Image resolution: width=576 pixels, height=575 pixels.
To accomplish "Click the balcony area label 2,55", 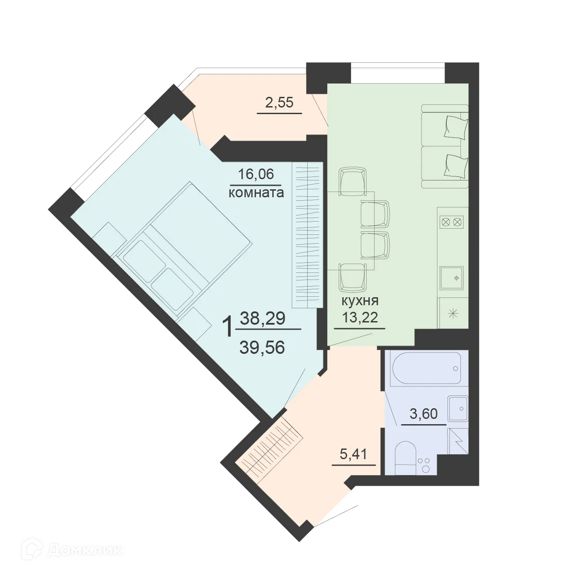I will (279, 103).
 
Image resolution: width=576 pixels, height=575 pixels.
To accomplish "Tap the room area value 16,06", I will (256, 174).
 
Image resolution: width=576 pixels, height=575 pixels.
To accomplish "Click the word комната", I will (256, 193).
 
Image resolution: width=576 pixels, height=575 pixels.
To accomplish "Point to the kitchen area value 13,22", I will (360, 317).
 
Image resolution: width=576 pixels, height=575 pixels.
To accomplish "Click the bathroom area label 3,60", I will (424, 414).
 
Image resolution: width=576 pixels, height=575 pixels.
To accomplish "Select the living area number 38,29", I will (262, 318).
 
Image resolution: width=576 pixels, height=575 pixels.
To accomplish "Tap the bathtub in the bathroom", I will (426, 368).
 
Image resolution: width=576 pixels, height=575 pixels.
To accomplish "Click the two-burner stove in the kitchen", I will (452, 222).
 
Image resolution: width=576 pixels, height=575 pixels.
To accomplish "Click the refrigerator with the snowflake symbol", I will (452, 314).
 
